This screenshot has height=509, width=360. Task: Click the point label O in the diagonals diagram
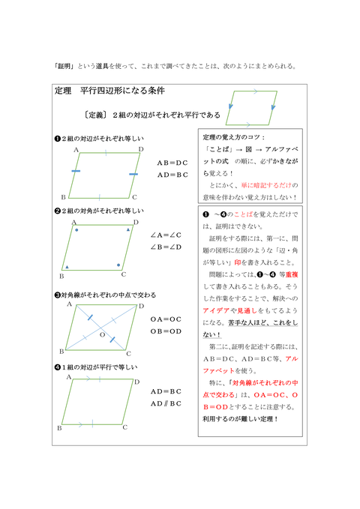point(102,334)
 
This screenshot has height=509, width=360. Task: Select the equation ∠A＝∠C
point(166,234)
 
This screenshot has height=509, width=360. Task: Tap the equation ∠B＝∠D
point(166,247)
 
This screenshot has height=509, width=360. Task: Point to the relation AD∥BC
point(166,403)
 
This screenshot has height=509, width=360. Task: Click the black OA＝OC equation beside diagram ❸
point(166,319)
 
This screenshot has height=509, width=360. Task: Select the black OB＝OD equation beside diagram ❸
point(166,331)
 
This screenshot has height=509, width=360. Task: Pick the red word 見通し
point(248,310)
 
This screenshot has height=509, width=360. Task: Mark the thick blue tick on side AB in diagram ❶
point(76,172)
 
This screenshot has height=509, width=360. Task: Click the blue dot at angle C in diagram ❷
point(118,265)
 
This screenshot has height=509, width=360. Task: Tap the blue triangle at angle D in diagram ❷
point(128,229)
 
